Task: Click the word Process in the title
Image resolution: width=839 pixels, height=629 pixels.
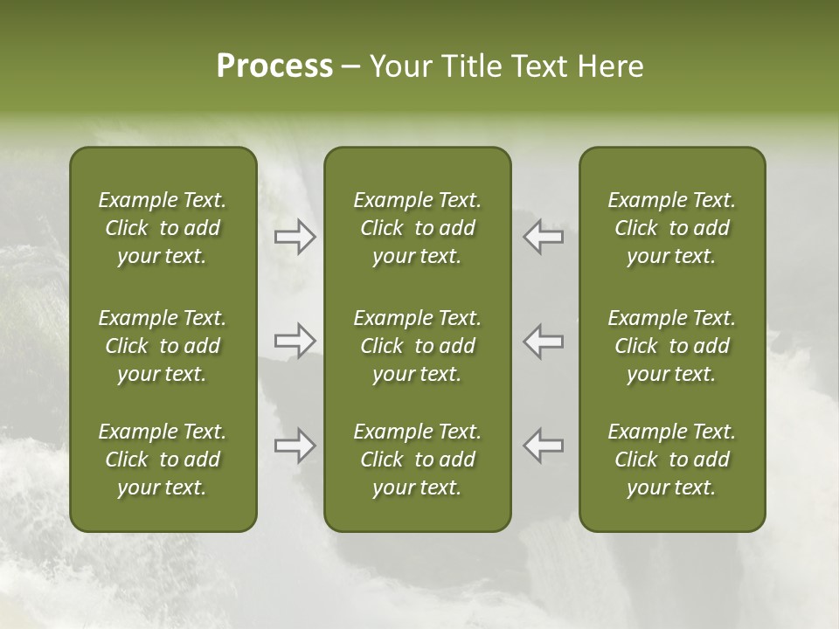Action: pyautogui.click(x=274, y=66)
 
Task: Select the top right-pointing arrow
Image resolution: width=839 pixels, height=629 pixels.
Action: pyautogui.click(x=295, y=237)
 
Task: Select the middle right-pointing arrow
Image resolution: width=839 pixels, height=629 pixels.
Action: pyautogui.click(x=295, y=341)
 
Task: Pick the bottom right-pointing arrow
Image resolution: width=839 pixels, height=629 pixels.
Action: pyautogui.click(x=295, y=446)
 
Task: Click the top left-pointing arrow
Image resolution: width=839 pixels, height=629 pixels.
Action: pyautogui.click(x=544, y=237)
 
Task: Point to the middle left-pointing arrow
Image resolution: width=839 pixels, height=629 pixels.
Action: pyautogui.click(x=544, y=341)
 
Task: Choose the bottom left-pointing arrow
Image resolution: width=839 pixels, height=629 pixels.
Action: pyautogui.click(x=544, y=446)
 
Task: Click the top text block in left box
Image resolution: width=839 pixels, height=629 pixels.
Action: pyautogui.click(x=163, y=228)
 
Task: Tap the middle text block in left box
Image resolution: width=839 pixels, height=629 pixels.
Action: pyautogui.click(x=163, y=346)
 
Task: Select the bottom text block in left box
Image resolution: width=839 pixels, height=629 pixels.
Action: pyautogui.click(x=163, y=460)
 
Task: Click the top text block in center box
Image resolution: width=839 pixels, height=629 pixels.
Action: pyautogui.click(x=417, y=228)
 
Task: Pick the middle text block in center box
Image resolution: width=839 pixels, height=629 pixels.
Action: pyautogui.click(x=417, y=346)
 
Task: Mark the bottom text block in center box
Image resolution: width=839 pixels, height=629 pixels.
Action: pyautogui.click(x=417, y=460)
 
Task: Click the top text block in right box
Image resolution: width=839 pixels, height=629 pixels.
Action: pyautogui.click(x=672, y=228)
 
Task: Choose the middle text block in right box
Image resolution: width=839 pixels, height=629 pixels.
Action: pyautogui.click(x=672, y=346)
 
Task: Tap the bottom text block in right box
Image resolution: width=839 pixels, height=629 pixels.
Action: pyautogui.click(x=672, y=460)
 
